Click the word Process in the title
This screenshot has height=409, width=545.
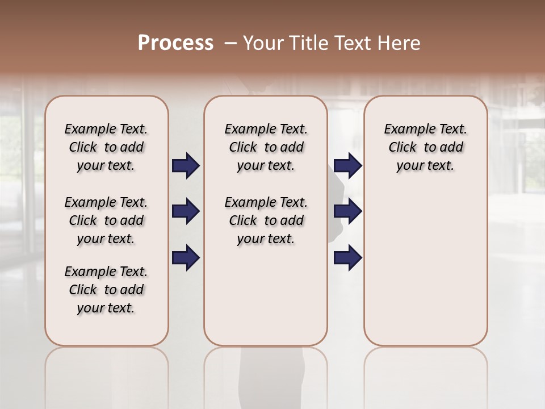point(175,43)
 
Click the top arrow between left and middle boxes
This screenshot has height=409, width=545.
point(186,166)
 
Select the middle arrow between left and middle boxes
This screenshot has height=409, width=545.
point(186,211)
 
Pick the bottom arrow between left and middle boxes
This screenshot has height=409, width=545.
point(186,258)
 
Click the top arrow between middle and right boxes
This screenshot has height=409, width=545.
point(348,166)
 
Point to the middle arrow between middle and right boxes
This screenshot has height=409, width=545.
point(348,211)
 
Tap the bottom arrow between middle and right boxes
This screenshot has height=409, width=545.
point(348,258)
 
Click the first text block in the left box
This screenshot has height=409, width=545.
point(106,147)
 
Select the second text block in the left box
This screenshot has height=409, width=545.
point(106,220)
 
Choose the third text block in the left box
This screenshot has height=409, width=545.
point(106,290)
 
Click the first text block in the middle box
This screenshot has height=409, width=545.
point(266,147)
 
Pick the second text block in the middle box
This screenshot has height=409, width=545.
point(266,220)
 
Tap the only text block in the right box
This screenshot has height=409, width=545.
point(425,147)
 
